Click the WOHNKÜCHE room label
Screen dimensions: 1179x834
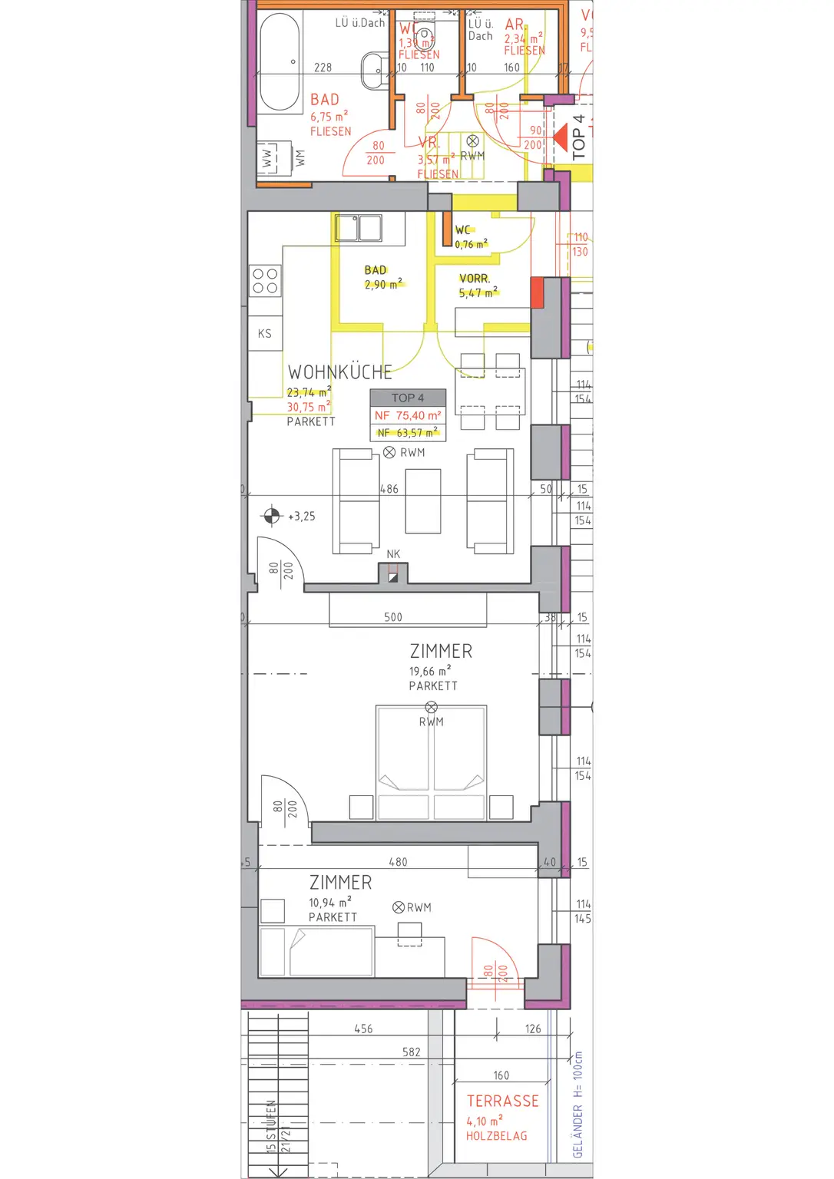[339, 372]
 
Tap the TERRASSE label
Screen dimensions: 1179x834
[503, 1101]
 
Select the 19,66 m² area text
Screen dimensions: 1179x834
[429, 671]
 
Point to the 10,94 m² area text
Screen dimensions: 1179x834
[329, 903]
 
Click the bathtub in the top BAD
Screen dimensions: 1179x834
[280, 63]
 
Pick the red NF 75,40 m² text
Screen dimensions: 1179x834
[408, 415]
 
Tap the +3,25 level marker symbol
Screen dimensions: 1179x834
[272, 516]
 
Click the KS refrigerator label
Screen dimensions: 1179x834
[264, 334]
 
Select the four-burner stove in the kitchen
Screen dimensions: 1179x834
[265, 281]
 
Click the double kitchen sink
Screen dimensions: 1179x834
[359, 228]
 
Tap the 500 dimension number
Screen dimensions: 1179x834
[393, 617]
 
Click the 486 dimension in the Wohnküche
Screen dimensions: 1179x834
[389, 489]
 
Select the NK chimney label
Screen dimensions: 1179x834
[393, 554]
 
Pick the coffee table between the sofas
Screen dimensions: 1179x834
[423, 501]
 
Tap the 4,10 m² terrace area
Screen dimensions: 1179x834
[484, 1121]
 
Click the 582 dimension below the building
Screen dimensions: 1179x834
[412, 1052]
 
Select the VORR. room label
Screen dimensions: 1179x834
[475, 279]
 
